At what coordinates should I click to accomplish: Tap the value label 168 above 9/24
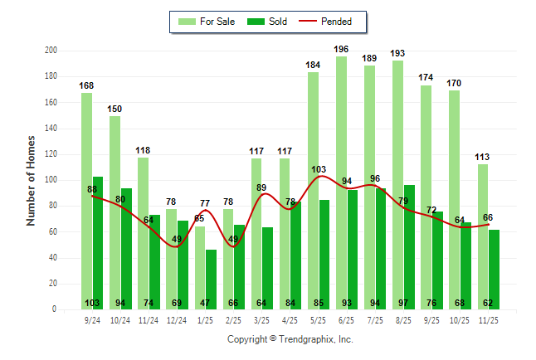pyautogui.click(x=87, y=85)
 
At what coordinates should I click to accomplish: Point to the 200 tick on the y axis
pyautogui.click(x=51, y=51)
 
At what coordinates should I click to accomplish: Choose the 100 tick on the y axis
pyautogui.click(x=51, y=180)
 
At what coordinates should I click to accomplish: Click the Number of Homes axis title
pyautogui.click(x=31, y=180)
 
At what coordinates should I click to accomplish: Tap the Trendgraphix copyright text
pyautogui.click(x=290, y=339)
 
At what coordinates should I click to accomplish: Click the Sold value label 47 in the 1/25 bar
pyautogui.click(x=211, y=303)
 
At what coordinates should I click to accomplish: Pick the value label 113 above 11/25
pyautogui.click(x=483, y=157)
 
